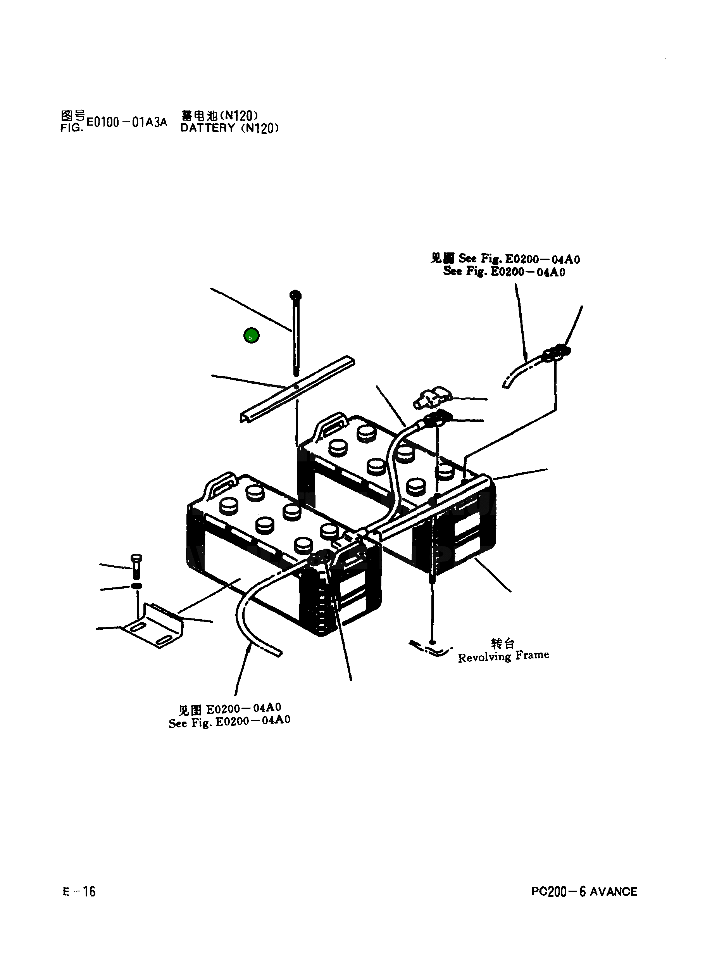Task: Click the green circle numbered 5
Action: pos(251,335)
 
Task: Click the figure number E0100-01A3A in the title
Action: pos(126,122)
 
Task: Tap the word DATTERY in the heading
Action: pos(207,128)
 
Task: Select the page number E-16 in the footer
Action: pos(79,891)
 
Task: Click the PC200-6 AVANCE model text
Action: pos(584,891)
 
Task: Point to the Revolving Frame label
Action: pos(503,656)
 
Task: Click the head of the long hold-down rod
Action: pos(296,295)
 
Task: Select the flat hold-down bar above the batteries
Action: pos(298,389)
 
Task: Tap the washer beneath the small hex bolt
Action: pos(136,586)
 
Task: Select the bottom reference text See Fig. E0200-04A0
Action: pos(229,722)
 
